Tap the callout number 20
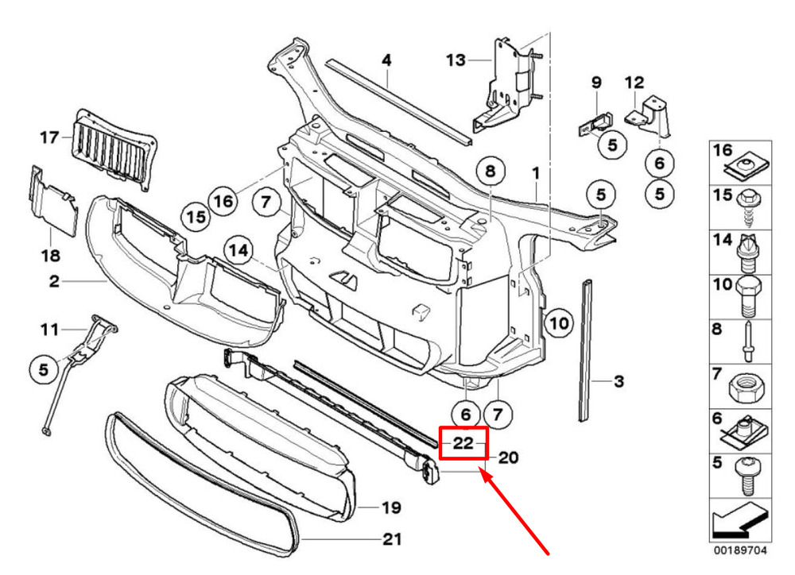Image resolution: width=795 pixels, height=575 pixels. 508,457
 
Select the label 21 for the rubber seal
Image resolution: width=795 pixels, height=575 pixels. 391,540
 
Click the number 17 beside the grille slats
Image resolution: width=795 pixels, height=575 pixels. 49,137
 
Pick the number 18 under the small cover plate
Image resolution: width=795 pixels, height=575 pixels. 50,255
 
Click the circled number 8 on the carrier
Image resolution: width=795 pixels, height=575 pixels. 490,171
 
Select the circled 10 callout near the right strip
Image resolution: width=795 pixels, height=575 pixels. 558,323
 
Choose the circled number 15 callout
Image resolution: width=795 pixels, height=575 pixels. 196,216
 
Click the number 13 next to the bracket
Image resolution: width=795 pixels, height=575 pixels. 455,60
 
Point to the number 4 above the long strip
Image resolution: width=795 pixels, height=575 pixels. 386,60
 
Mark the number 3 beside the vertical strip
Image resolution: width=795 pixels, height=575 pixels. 619,382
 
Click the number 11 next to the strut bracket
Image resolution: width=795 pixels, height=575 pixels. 49,329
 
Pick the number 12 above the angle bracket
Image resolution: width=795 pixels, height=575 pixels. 634,82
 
